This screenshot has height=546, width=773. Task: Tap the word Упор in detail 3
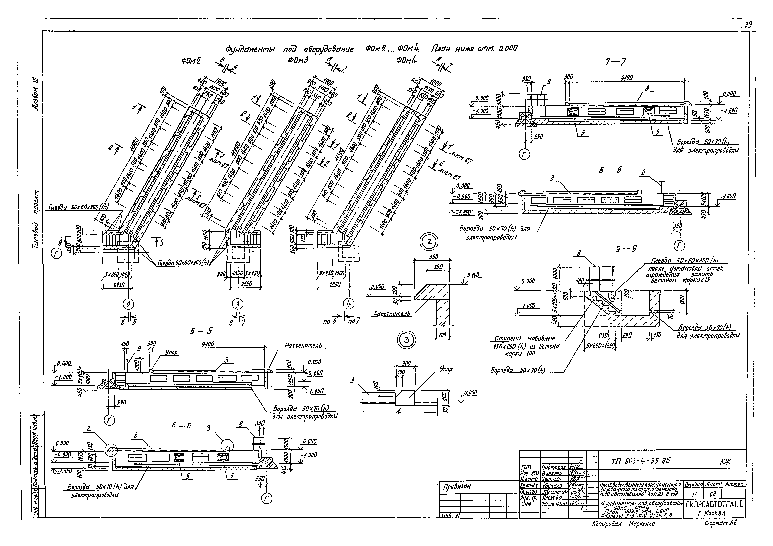[446, 369]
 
